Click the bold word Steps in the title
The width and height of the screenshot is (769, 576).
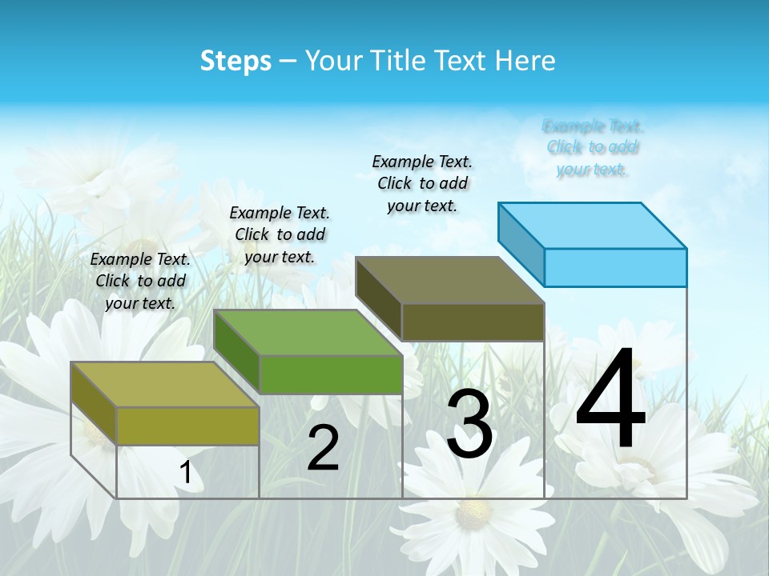click(x=236, y=61)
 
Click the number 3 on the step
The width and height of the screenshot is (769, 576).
click(x=469, y=424)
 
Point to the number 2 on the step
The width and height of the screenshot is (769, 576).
click(x=324, y=448)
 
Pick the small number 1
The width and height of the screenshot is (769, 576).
click(x=186, y=473)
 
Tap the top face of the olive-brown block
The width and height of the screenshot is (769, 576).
click(x=450, y=280)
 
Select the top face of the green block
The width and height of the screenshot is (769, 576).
click(x=308, y=333)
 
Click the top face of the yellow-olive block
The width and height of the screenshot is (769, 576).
click(x=165, y=385)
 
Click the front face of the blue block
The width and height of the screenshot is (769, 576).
click(x=615, y=267)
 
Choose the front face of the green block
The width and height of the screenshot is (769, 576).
click(x=331, y=374)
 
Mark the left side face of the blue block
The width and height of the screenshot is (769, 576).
click(x=521, y=238)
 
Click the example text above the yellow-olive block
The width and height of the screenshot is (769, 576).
click(x=140, y=281)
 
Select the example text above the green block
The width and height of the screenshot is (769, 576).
click(x=280, y=234)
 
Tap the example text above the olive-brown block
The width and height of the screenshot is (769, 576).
click(x=422, y=183)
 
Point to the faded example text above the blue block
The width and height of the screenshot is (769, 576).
click(x=593, y=147)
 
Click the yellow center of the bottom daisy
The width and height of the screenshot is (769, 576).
click(x=473, y=510)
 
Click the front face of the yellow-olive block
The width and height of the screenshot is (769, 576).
click(x=188, y=426)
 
